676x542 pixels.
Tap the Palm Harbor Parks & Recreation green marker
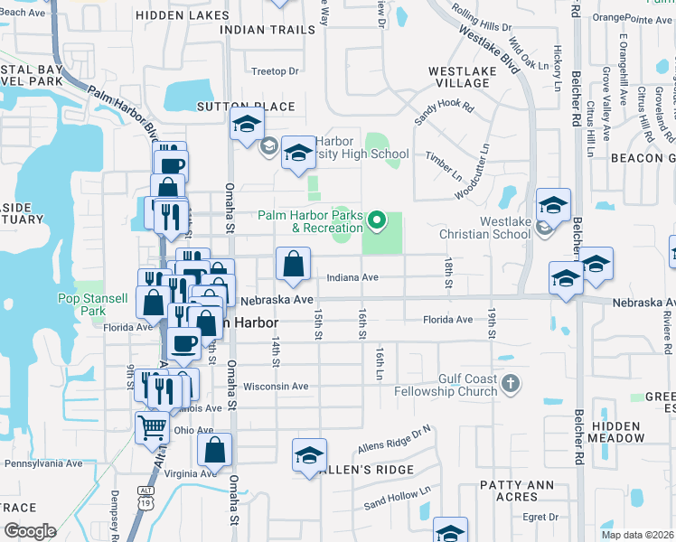pos(380,220)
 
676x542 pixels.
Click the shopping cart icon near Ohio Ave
pos(152,427)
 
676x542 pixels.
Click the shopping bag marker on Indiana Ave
pos(294,265)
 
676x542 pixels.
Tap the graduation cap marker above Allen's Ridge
pos(309,455)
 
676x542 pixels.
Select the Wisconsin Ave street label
pos(276,387)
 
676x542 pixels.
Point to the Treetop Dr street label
pos(275,71)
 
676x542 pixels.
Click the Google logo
pos(30,531)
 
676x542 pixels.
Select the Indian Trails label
pos(268,29)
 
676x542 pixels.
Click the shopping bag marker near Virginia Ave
pos(214,450)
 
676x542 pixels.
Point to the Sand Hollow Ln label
pos(398,498)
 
